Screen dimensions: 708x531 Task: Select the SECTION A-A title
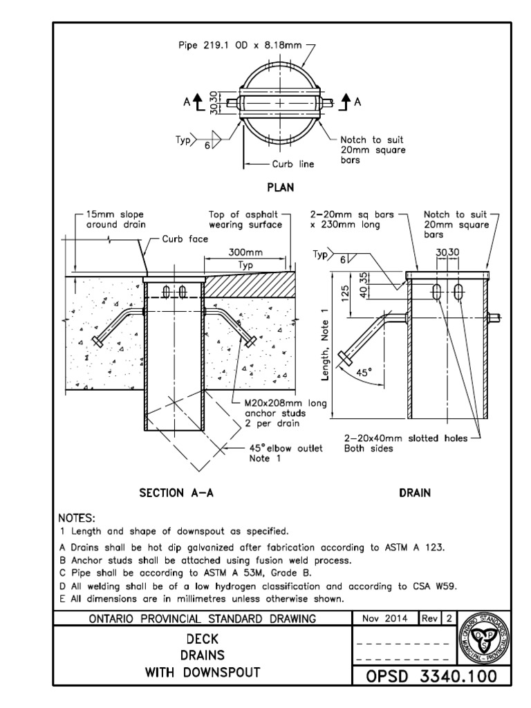[176, 493]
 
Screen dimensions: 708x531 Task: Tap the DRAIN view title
[415, 493]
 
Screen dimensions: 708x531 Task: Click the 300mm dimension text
[246, 253]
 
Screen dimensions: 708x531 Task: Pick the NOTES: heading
[77, 518]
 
